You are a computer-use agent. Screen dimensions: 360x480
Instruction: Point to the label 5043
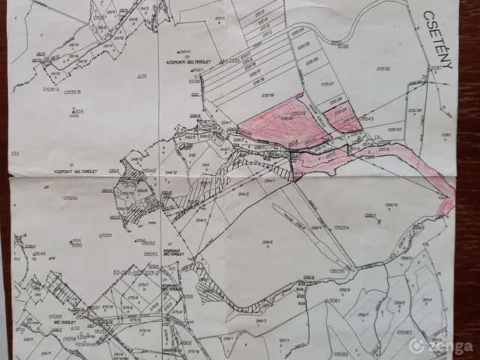coord(366,119)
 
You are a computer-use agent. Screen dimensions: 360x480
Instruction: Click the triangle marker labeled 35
coord(141,76)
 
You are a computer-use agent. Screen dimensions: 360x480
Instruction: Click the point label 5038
coord(196,81)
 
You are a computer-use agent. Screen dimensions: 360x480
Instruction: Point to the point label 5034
coord(70,198)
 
